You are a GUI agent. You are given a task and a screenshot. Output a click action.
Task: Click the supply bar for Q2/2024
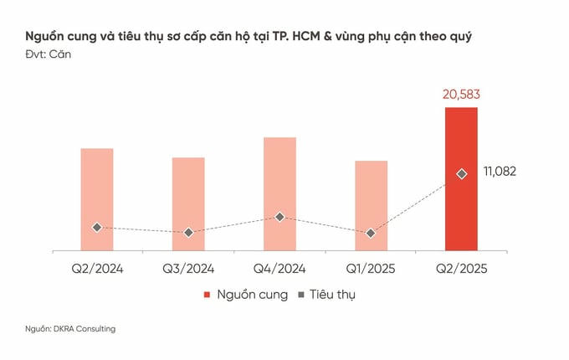coord(97,198)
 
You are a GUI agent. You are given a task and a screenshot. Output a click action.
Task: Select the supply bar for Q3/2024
coord(188,203)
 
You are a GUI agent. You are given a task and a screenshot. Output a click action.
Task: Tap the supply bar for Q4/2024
coord(279,193)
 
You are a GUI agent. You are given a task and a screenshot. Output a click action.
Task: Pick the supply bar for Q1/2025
coord(371,205)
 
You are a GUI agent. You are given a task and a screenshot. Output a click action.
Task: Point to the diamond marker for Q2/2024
coord(97,227)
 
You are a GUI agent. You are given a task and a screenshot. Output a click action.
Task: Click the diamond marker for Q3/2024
coord(188,233)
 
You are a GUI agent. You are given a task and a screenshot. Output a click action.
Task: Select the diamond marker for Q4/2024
coord(279,217)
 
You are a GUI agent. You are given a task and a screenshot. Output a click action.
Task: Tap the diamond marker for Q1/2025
coord(371,233)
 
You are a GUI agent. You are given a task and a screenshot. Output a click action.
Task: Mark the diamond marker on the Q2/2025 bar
coord(461,173)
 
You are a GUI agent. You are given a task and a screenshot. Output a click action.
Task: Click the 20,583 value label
coord(461,95)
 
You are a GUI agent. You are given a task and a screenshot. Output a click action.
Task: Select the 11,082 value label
coord(500,172)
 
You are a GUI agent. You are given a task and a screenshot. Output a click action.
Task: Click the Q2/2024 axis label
coord(97,269)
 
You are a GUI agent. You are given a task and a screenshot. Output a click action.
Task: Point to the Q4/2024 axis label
coord(279,269)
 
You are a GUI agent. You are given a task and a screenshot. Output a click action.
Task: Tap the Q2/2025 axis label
coord(461,269)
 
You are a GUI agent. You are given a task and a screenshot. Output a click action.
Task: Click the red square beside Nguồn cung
coord(207,296)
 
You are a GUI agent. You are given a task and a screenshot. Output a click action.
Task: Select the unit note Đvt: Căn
coord(48,54)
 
